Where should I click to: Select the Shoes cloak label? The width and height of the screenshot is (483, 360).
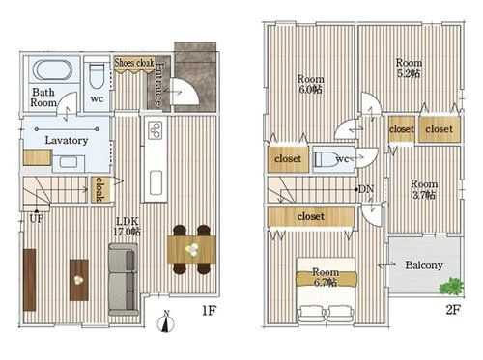pyautogui.click(x=134, y=63)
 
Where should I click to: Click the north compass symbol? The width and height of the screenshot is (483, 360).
pyautogui.click(x=166, y=321)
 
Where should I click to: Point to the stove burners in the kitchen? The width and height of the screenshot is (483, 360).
pyautogui.click(x=156, y=129)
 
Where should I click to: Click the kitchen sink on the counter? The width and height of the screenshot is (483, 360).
pyautogui.click(x=156, y=182)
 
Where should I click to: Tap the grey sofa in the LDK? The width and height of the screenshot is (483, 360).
pyautogui.click(x=124, y=279)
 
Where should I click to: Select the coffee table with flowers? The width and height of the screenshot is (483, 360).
pyautogui.click(x=79, y=280)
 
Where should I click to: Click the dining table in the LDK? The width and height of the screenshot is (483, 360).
pyautogui.click(x=191, y=250)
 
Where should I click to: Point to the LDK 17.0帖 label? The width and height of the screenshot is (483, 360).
pyautogui.click(x=127, y=227)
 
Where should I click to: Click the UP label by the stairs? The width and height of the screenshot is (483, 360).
pyautogui.click(x=37, y=219)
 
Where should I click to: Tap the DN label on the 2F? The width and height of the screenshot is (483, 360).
pyautogui.click(x=366, y=189)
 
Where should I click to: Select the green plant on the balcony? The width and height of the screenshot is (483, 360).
pyautogui.click(x=451, y=286)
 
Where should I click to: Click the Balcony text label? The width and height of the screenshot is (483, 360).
pyautogui.click(x=424, y=265)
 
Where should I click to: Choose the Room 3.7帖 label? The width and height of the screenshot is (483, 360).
pyautogui.click(x=424, y=189)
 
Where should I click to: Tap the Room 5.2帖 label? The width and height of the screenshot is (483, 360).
pyautogui.click(x=409, y=68)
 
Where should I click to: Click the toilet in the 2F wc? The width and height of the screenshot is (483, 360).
pyautogui.click(x=326, y=159)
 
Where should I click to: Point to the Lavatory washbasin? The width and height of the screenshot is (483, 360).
pyautogui.click(x=69, y=161)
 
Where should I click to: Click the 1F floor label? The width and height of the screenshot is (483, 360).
pyautogui.click(x=209, y=310)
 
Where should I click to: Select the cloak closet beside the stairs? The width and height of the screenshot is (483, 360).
pyautogui.click(x=100, y=190)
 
